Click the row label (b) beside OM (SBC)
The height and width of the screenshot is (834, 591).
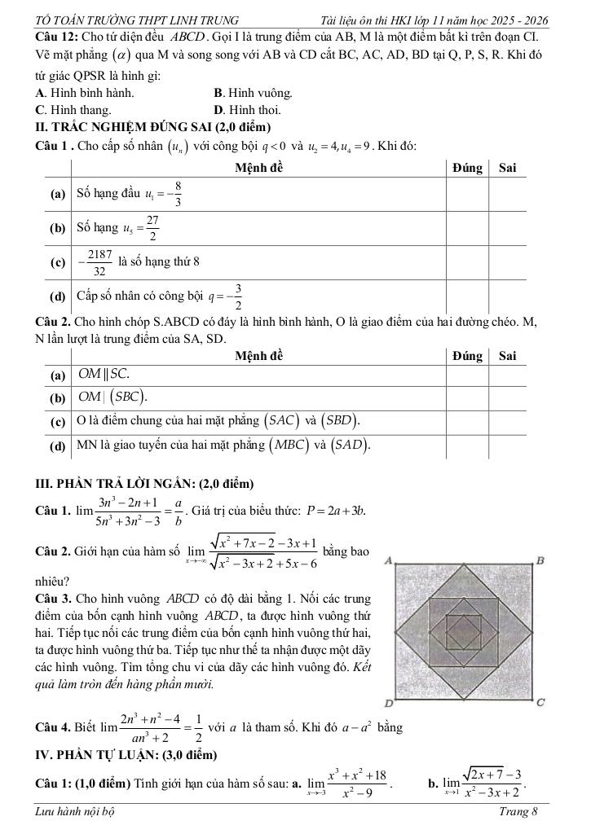57,398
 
